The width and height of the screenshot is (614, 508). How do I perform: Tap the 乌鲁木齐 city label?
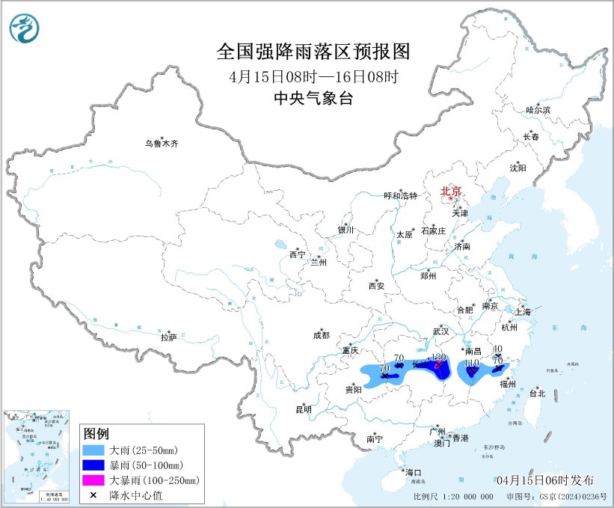pos(162,143)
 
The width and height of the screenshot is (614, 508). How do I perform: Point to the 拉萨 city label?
pos(168,337)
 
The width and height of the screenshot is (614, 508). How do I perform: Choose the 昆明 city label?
pos(302,409)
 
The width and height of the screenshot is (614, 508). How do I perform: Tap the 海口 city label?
pos(413,473)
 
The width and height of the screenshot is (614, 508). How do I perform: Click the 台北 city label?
pos(537,393)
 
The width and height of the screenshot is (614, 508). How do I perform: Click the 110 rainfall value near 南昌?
pos(471,363)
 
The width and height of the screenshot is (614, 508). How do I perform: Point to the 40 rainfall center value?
pos(497,349)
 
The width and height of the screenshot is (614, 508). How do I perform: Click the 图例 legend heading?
pos(96,435)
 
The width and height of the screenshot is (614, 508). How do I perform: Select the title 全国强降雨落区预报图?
pos(313,52)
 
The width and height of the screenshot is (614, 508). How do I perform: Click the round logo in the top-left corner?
pos(25,29)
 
